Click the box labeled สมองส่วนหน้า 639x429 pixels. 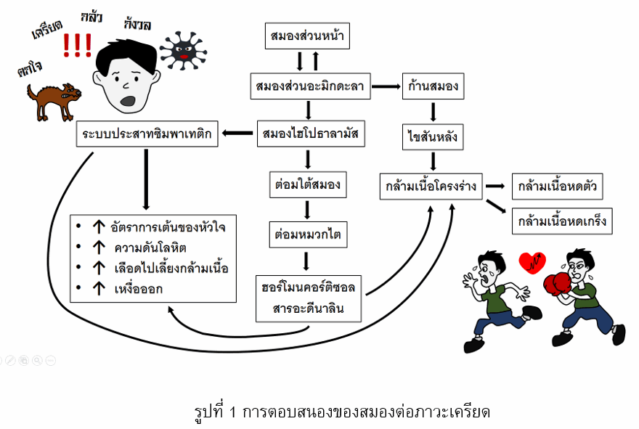306,35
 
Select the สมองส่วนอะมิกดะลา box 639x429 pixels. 309,86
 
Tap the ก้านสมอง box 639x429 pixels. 433,86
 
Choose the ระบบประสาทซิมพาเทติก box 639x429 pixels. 148,134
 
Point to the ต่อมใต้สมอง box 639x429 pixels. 307,184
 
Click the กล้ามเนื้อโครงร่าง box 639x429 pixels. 431,186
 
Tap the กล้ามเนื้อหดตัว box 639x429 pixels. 558,186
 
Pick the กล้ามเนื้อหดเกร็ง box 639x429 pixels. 561,221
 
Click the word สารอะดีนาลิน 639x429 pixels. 309,309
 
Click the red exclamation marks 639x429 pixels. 77,46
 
